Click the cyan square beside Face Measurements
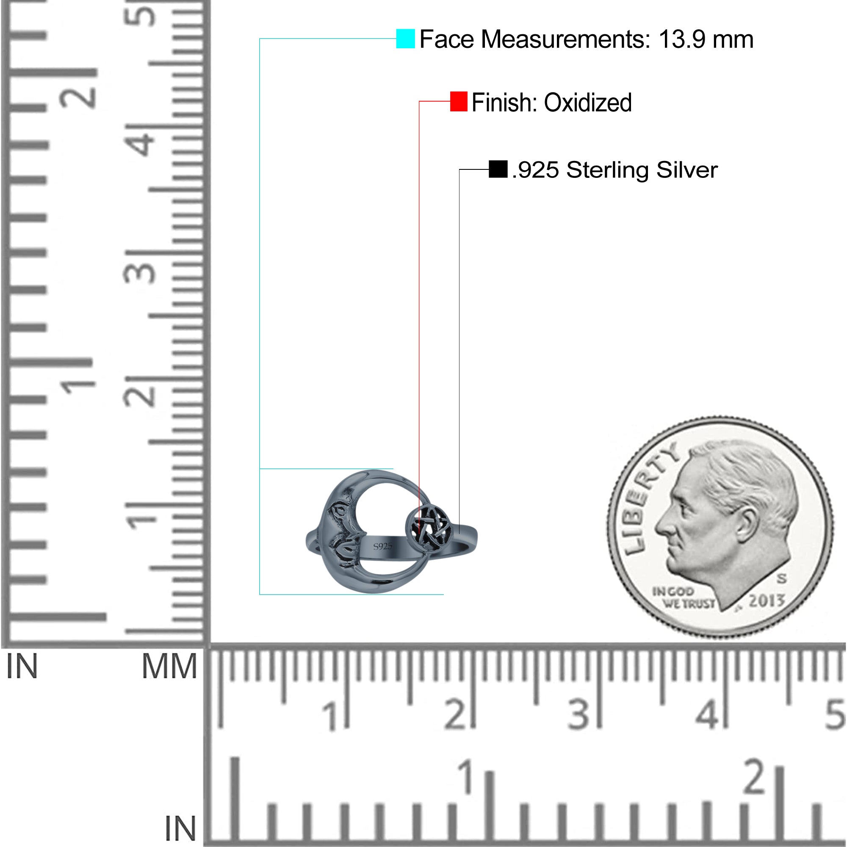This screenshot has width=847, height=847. click(405, 39)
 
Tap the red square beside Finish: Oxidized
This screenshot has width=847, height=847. click(459, 101)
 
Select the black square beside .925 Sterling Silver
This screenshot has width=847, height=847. click(498, 169)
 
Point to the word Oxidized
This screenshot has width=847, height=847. click(587, 102)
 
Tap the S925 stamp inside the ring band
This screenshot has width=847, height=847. click(382, 546)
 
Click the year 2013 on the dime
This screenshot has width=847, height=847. click(766, 601)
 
